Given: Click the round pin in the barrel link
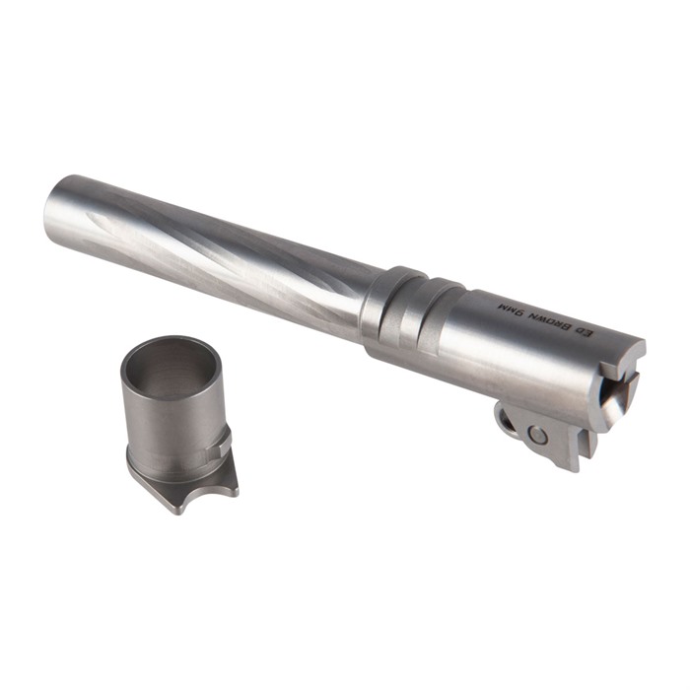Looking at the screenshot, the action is pyautogui.click(x=538, y=436).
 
